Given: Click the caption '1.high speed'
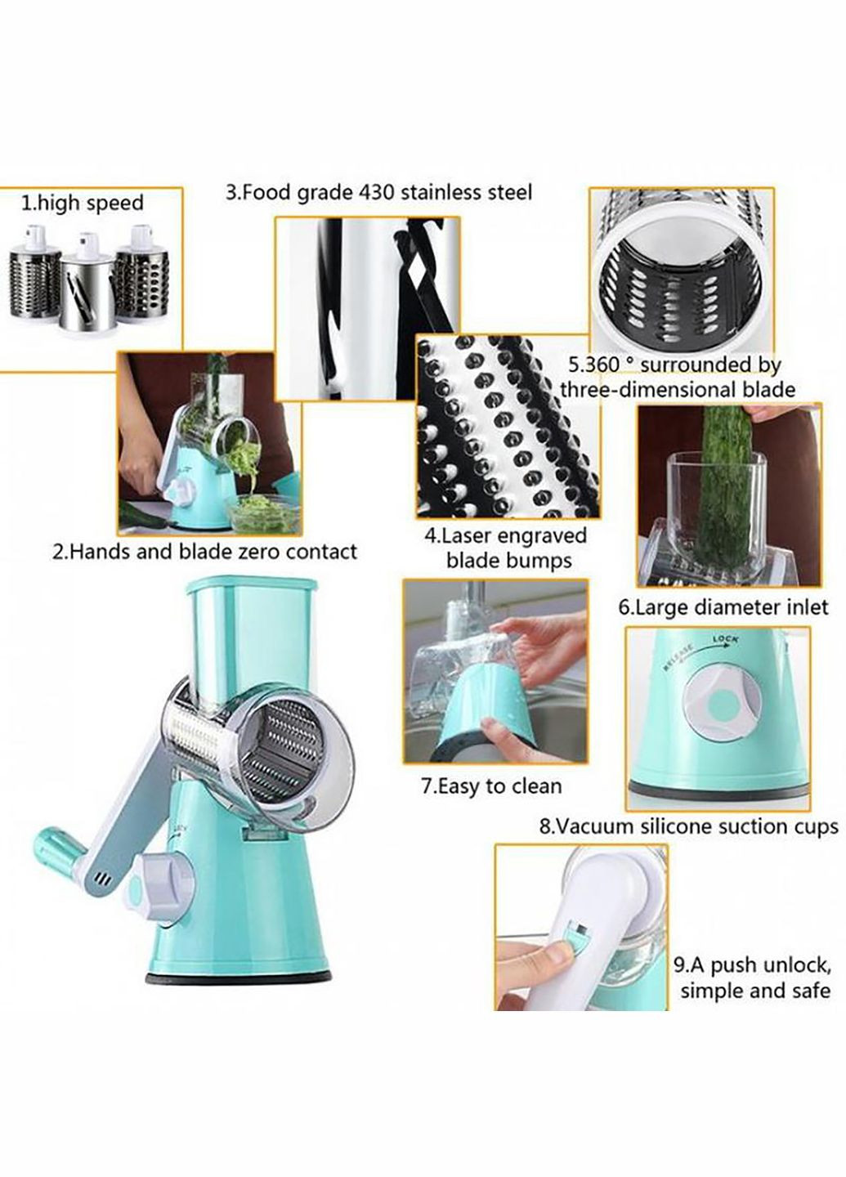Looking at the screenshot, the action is point(82,204).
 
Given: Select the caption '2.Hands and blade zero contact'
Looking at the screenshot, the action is point(204,553).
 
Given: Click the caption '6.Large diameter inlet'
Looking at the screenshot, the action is point(723,608).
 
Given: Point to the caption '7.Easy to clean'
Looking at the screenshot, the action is point(491,786).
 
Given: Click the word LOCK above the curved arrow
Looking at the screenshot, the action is point(726,639).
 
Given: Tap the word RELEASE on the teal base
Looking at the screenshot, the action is point(679,654).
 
